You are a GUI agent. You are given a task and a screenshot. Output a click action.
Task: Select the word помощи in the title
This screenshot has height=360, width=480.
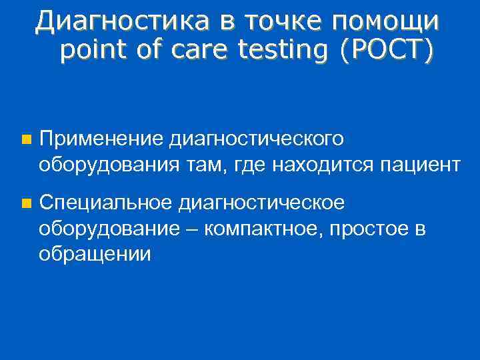[387, 21]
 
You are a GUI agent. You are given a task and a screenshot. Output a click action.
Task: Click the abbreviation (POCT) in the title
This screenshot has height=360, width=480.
[386, 49]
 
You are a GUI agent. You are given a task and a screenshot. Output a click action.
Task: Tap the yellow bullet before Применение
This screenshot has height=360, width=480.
[25, 140]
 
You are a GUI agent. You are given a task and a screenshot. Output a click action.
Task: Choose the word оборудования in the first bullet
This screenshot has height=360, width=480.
[105, 164]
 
